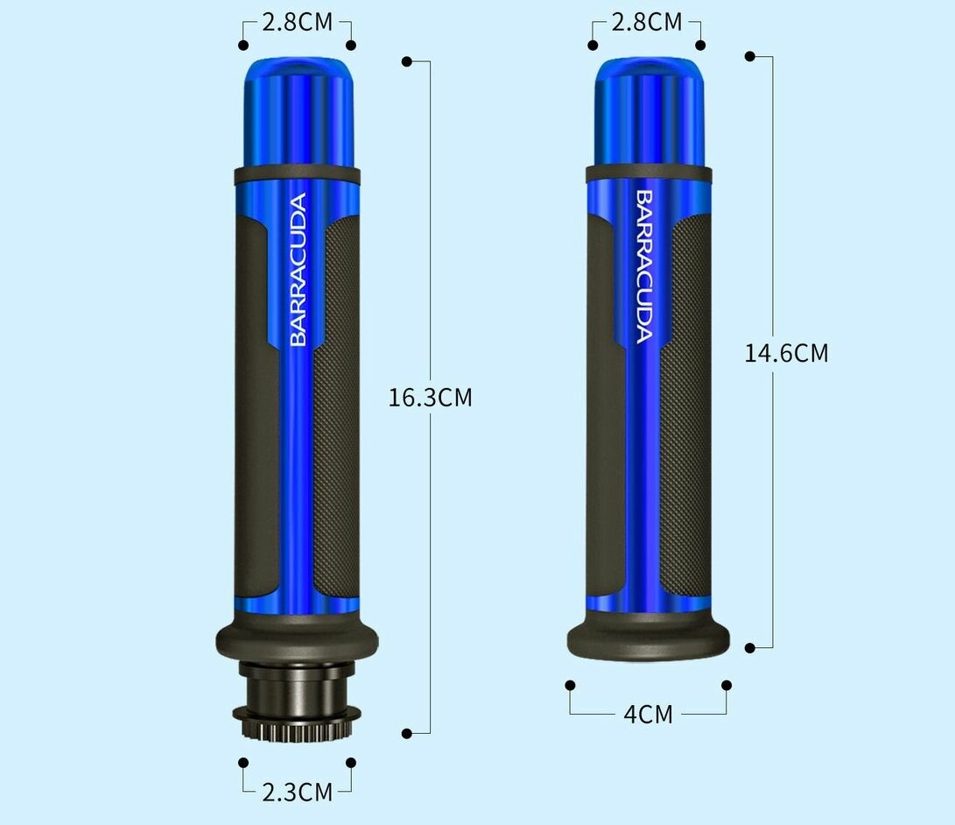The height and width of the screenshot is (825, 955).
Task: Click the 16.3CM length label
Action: [430, 398]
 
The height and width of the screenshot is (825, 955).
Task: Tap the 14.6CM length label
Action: [786, 354]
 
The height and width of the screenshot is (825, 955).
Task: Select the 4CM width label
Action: [648, 714]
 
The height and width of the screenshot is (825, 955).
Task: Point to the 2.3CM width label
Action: [298, 792]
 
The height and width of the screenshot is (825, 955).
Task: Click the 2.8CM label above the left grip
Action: [298, 23]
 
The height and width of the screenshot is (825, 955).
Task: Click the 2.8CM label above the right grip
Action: [646, 23]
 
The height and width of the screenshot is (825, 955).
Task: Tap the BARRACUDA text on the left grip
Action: [298, 270]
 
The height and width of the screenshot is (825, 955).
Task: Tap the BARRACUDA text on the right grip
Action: [644, 267]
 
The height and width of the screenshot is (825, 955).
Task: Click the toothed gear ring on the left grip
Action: [297, 724]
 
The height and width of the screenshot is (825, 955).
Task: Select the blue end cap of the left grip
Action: [298, 113]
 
